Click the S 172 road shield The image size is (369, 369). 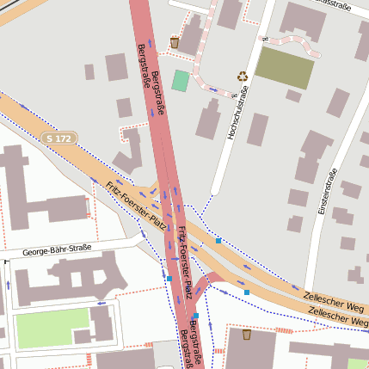(61, 138)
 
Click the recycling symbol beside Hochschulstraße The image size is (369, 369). (243, 76)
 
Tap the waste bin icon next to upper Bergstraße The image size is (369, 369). (175, 42)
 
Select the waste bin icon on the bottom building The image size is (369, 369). (247, 335)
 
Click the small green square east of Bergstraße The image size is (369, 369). (180, 81)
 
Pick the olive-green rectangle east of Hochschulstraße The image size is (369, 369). (285, 68)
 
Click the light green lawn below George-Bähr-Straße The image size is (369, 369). (52, 328)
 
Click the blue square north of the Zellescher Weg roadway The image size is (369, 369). (219, 241)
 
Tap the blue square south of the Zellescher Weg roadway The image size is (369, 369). (247, 292)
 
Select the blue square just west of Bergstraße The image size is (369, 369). (169, 278)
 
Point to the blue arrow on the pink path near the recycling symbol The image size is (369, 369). (213, 89)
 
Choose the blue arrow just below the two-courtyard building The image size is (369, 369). (101, 303)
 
